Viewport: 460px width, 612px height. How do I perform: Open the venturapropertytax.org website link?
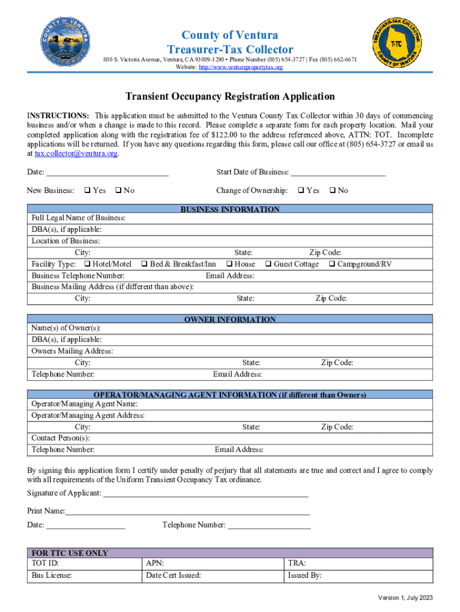click(x=241, y=68)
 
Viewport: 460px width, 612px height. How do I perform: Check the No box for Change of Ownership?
click(x=333, y=191)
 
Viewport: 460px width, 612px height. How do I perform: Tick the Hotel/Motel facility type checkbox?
click(x=87, y=264)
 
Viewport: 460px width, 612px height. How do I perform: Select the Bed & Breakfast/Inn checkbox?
click(x=144, y=264)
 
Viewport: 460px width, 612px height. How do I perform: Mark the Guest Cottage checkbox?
click(x=268, y=264)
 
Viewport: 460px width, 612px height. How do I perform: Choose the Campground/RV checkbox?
click(x=332, y=264)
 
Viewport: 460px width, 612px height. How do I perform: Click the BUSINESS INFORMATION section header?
click(x=230, y=210)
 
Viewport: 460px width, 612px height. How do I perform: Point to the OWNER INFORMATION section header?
click(x=230, y=320)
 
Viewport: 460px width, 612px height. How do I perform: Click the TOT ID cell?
click(x=84, y=563)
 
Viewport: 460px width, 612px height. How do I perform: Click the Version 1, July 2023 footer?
click(x=404, y=598)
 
